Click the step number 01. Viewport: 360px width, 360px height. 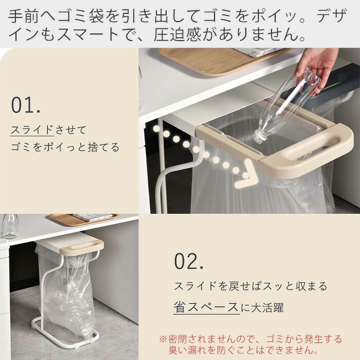click(x=26, y=105)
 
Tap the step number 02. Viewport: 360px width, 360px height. click(x=189, y=261)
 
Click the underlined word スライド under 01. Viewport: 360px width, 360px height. click(x=32, y=130)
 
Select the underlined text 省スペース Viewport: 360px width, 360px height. click(x=206, y=307)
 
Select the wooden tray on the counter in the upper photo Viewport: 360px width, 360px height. click(x=221, y=60)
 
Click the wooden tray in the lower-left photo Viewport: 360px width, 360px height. click(x=84, y=219)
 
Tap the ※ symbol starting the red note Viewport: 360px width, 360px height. click(x=163, y=339)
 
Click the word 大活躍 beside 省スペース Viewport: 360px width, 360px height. click(x=267, y=307)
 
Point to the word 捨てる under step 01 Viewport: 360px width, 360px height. click(x=104, y=147)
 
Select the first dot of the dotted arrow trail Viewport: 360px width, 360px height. click(x=157, y=129)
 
